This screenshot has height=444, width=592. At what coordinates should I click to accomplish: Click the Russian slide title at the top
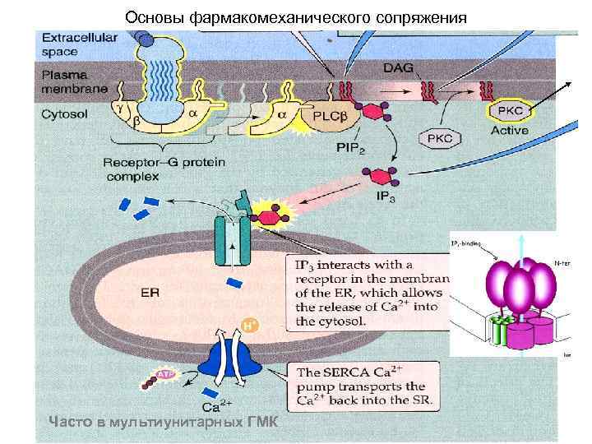click(x=296, y=16)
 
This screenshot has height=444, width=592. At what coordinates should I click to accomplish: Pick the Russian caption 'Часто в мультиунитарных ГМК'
click(x=164, y=423)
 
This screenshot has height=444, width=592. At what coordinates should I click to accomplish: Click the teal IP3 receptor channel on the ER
click(x=233, y=238)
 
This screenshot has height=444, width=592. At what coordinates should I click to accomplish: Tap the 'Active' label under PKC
click(x=510, y=130)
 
